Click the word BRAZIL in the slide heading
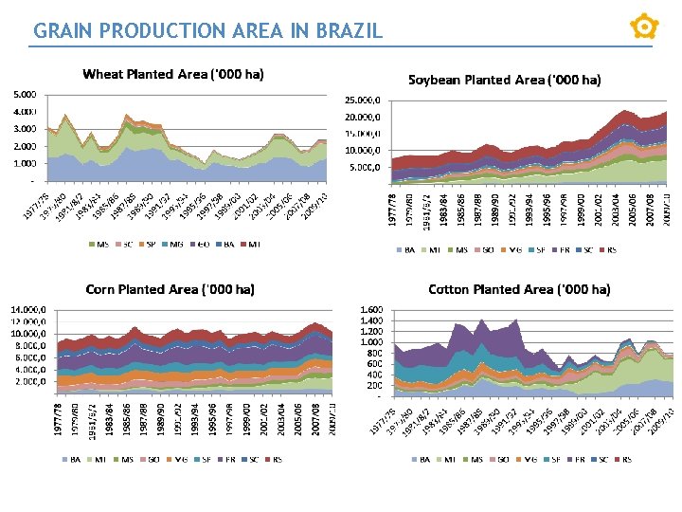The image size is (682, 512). click(x=347, y=30)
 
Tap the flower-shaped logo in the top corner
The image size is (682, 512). click(x=644, y=26)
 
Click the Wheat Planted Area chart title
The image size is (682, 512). click(x=173, y=74)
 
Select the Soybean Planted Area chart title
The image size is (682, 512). click(x=504, y=80)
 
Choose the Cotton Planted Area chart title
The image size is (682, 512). click(x=519, y=288)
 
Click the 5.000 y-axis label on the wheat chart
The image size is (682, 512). click(x=25, y=95)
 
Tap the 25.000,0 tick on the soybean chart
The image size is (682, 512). click(x=362, y=100)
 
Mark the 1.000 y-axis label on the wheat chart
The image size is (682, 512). click(x=25, y=163)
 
